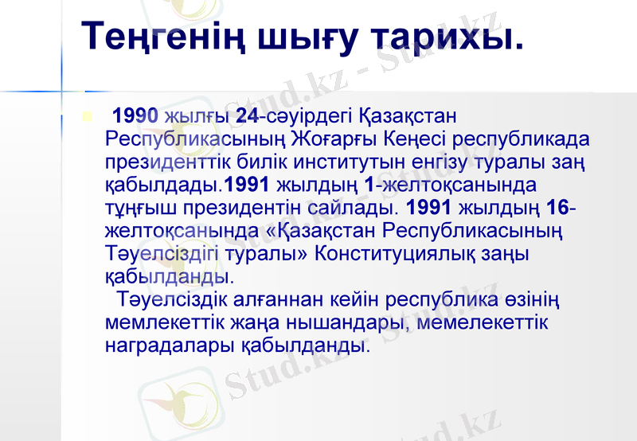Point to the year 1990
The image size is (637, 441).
[135, 116]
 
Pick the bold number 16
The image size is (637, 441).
[561, 209]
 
